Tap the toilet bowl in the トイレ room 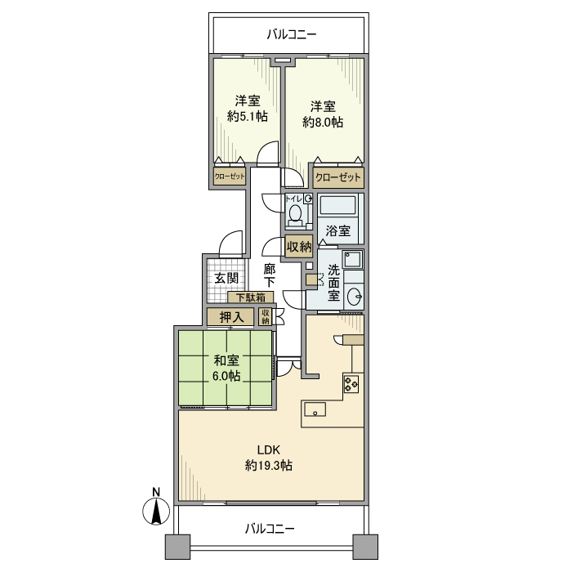click(294, 214)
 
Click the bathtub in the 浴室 click(337, 206)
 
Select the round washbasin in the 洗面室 click(354, 296)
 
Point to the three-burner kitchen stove click(351, 383)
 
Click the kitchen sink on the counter click(315, 409)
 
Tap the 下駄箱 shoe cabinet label click(251, 297)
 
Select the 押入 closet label click(231, 317)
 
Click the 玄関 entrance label click(226, 279)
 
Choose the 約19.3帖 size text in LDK click(269, 466)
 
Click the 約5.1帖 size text click(248, 116)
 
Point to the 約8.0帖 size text click(323, 123)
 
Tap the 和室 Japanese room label click(226, 360)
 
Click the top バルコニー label click(292, 34)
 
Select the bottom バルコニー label click(270, 529)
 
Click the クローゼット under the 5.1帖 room click(230, 177)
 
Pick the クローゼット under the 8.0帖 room click(338, 177)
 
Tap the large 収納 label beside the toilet click(299, 247)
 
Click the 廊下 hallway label click(270, 276)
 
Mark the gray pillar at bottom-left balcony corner click(177, 547)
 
